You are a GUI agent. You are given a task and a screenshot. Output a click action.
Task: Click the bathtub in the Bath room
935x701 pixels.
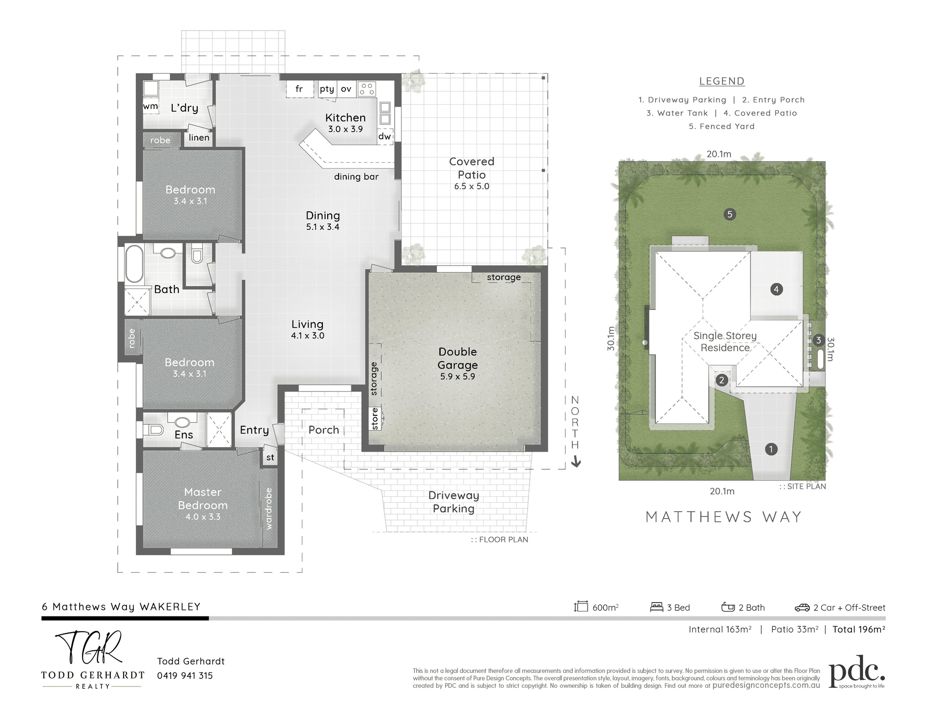[x=134, y=264]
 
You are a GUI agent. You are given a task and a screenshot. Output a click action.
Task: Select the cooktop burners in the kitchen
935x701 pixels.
[x=367, y=89]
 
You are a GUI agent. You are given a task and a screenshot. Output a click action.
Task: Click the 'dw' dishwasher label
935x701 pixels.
[x=384, y=136]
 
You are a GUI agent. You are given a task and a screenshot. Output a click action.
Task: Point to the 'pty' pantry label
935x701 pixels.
[x=327, y=89]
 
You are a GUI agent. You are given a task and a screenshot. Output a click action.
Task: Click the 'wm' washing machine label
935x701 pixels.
[x=151, y=106]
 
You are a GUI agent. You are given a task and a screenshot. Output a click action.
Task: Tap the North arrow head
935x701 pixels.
[x=576, y=462]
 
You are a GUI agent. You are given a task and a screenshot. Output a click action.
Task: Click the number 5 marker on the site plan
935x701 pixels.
[x=730, y=214]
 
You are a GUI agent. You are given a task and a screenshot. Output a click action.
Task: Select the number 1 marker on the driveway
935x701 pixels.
[x=771, y=449]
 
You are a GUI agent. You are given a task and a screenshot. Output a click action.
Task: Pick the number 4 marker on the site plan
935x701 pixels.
[x=776, y=289]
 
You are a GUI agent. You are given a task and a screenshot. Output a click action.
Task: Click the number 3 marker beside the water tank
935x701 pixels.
[x=818, y=340]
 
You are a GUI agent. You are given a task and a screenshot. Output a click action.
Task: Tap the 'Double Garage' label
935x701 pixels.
[x=458, y=358]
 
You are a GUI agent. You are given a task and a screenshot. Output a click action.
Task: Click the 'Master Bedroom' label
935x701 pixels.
[x=203, y=498]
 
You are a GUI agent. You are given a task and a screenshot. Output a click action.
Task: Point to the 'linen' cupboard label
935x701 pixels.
[x=199, y=138]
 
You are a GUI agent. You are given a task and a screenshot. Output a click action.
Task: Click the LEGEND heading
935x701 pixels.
[x=722, y=81]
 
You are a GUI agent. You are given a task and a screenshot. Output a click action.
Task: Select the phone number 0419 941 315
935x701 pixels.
[x=185, y=675]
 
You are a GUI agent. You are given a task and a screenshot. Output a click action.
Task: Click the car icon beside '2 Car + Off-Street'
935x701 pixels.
[x=802, y=608]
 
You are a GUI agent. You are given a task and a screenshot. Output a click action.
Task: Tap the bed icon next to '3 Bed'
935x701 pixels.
[x=656, y=607]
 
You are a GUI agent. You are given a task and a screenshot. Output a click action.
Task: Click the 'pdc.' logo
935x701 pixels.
[x=857, y=671]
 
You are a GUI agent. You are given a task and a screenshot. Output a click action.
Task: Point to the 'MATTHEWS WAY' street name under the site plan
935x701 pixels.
[x=724, y=517]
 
